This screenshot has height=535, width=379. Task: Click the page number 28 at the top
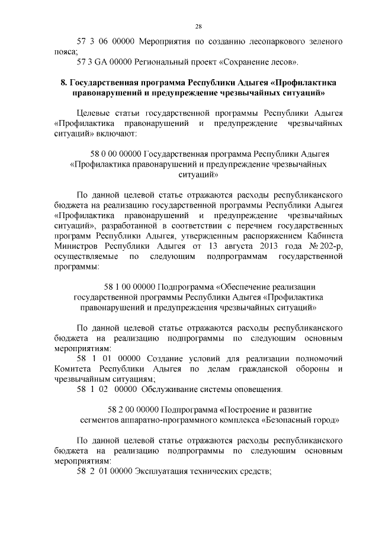(198, 25)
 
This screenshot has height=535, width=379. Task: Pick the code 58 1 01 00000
(108, 359)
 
